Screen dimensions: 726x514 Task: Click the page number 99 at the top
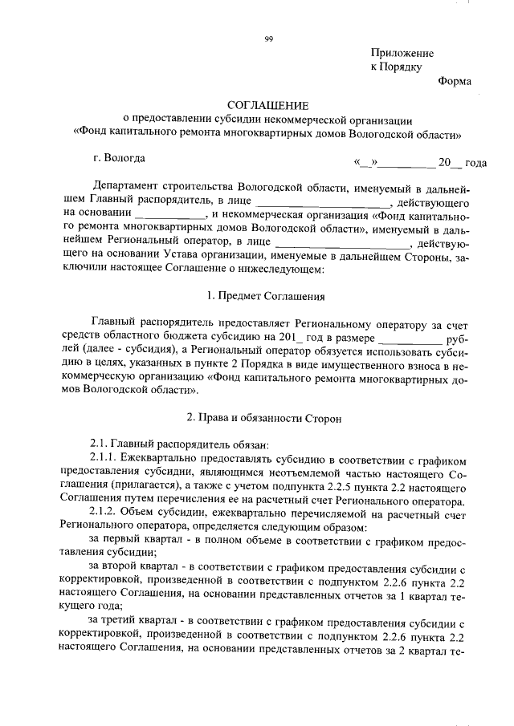267,39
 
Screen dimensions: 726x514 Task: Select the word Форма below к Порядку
455,81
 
